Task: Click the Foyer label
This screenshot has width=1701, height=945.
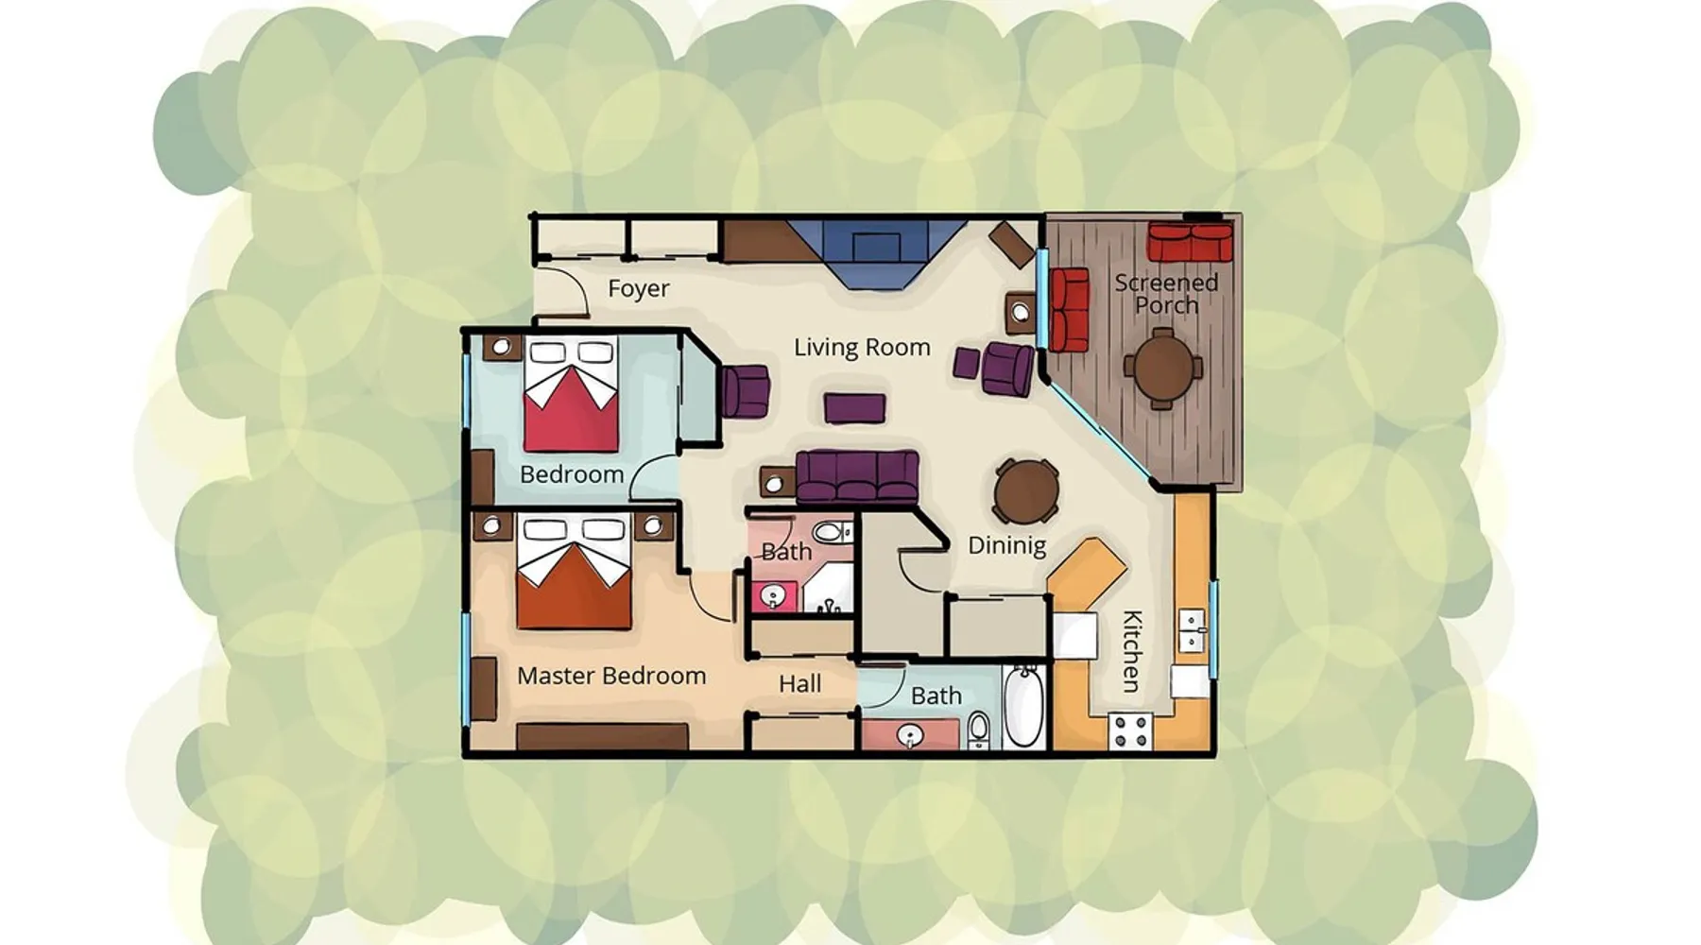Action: (x=638, y=288)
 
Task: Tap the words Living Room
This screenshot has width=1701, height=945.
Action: (x=862, y=348)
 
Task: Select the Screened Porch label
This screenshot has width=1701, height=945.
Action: (x=1166, y=293)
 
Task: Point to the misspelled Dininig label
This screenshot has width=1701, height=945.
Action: (x=1006, y=545)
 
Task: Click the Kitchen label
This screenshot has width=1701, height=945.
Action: (x=1131, y=651)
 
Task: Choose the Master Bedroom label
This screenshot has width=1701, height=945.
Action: (x=611, y=676)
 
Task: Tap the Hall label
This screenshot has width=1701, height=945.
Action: (x=799, y=683)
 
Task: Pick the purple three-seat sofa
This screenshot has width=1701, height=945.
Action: (x=857, y=477)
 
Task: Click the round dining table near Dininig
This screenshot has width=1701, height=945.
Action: (x=1025, y=490)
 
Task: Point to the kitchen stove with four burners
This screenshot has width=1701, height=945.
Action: (x=1130, y=731)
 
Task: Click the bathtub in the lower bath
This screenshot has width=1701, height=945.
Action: (x=1022, y=707)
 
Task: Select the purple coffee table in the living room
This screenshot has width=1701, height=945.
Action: (x=854, y=408)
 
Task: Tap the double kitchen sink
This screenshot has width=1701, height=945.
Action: (x=1192, y=630)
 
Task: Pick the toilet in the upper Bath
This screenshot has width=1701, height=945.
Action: (x=833, y=531)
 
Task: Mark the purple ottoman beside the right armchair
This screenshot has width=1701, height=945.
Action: (x=966, y=363)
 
